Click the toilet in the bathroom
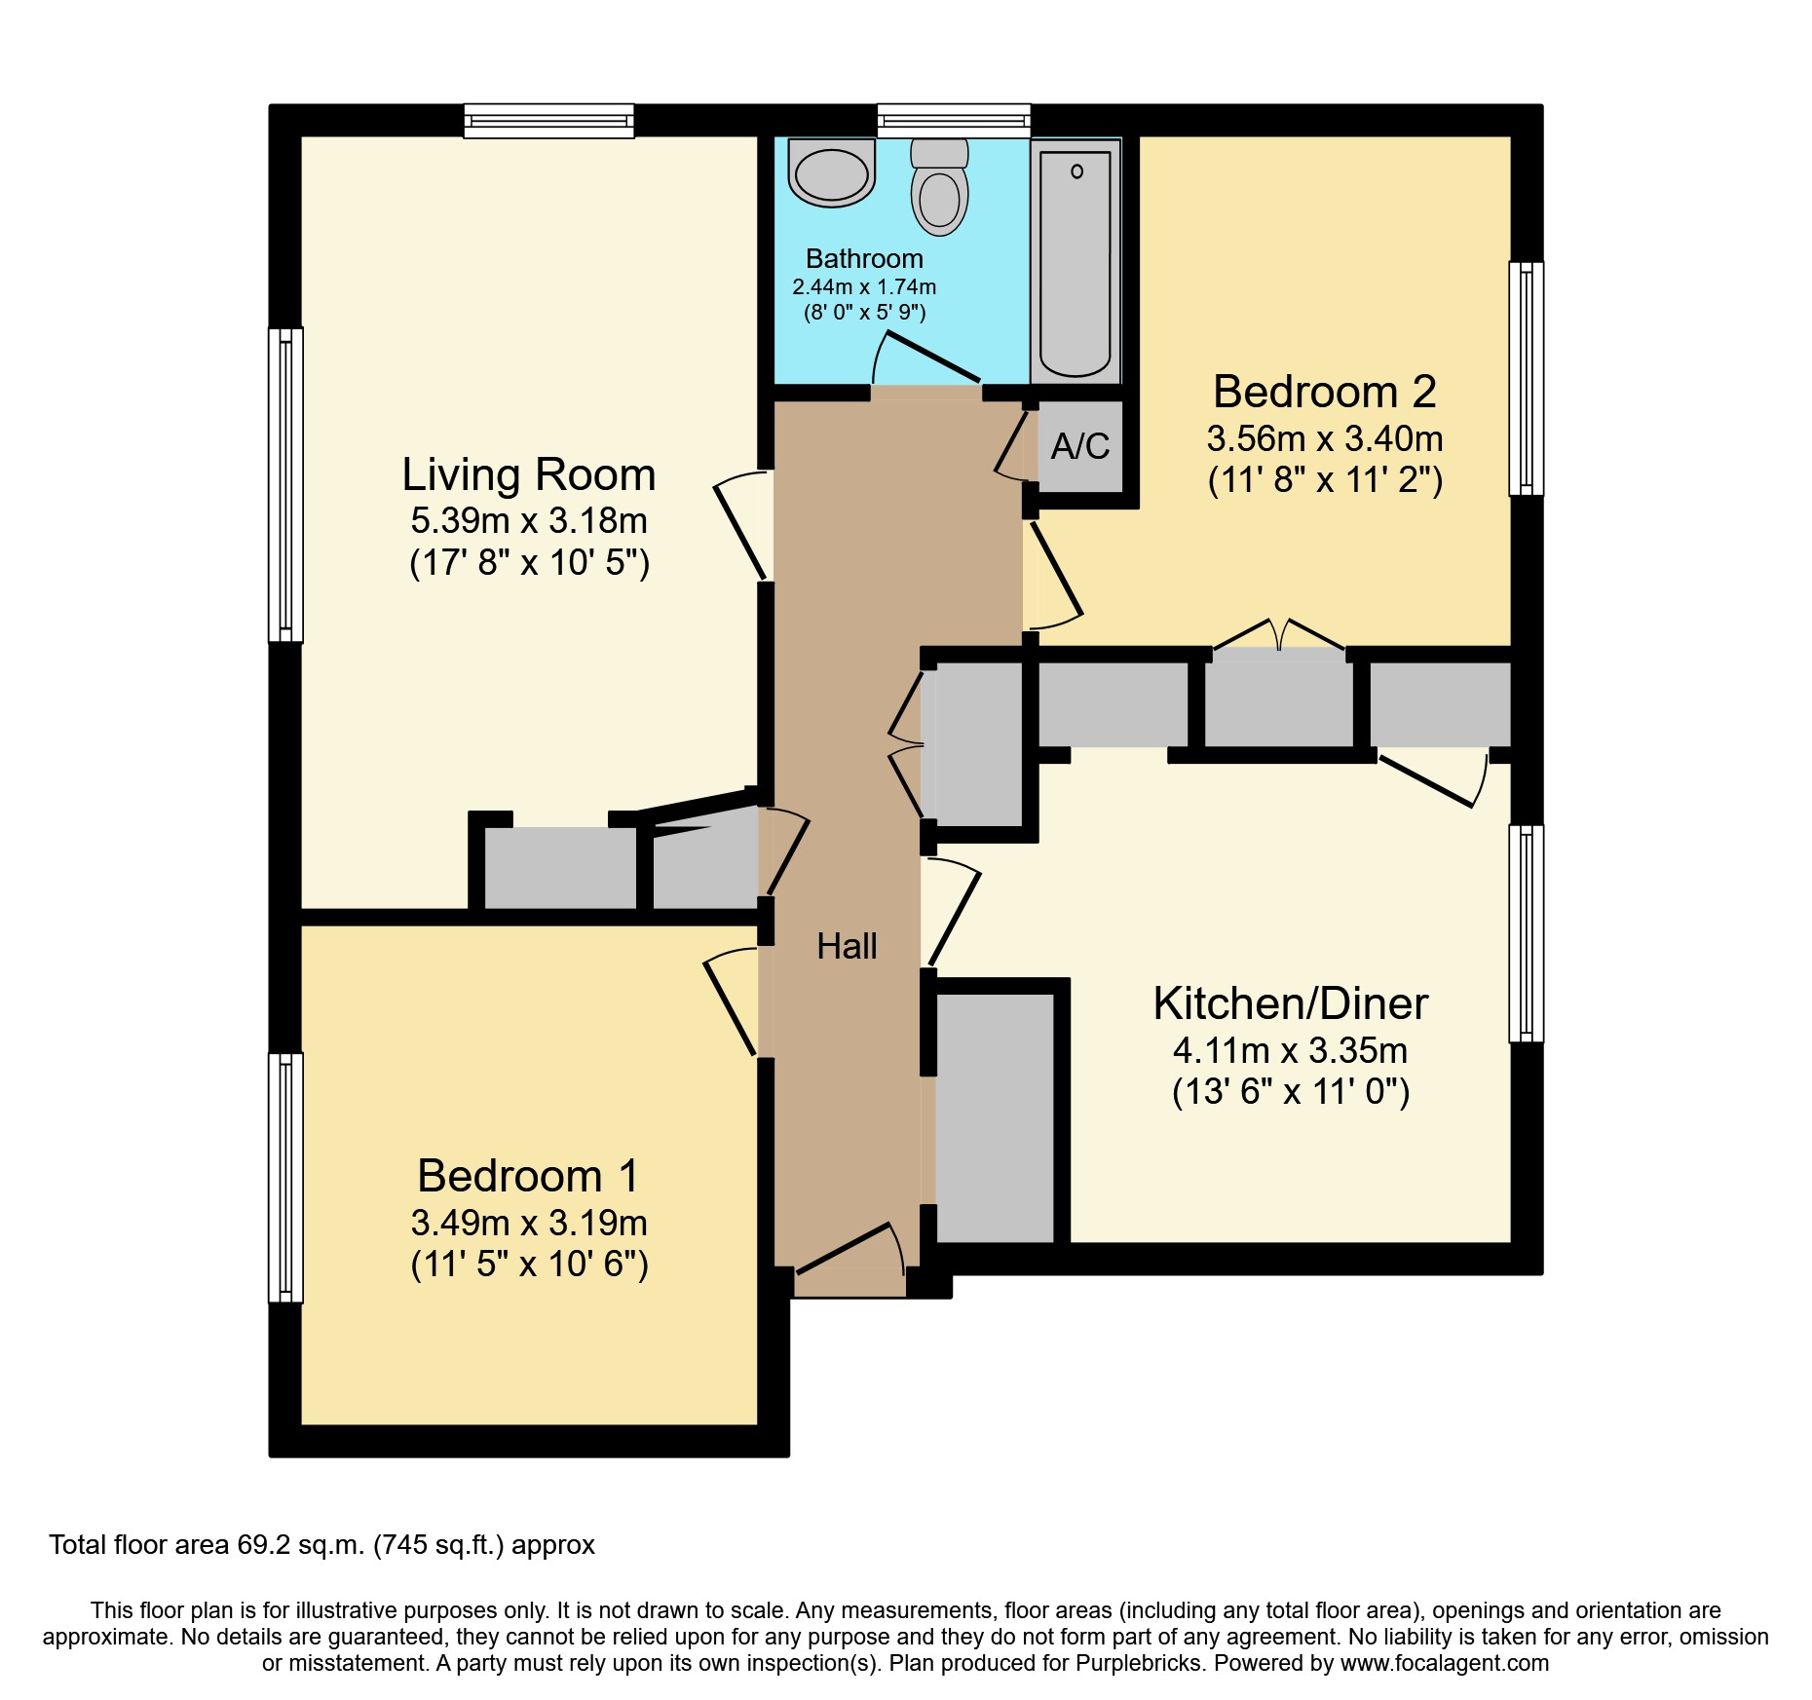939,190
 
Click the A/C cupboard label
1079,446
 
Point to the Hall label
847,946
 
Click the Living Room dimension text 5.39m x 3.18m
529,521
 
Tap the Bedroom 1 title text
528,1175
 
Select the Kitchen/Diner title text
1290,1003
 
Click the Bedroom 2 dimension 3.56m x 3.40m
1324,439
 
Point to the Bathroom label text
864,259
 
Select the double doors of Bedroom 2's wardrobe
1279,636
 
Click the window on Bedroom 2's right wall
1526,378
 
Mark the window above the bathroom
953,121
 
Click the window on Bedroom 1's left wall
285,1177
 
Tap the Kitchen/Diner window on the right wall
1526,933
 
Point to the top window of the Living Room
548,121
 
